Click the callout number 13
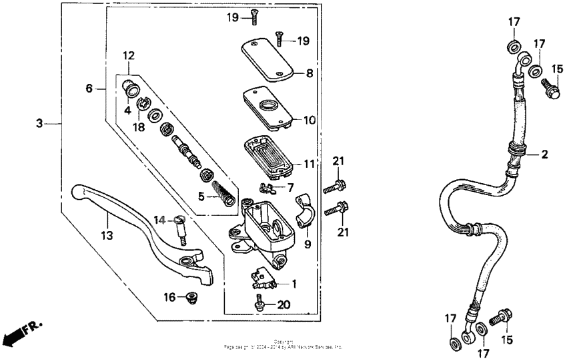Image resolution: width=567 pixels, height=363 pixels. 107,235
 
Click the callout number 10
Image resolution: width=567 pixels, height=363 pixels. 309,121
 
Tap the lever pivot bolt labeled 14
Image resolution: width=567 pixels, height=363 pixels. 180,230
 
